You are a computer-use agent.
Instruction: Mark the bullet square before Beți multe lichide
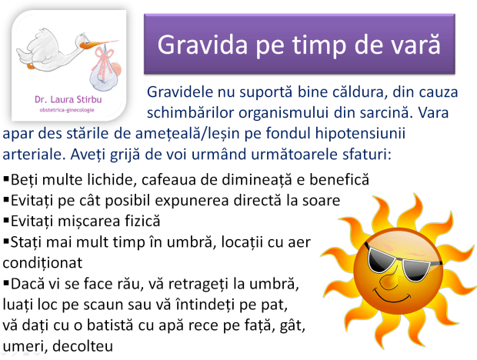coord(7,180)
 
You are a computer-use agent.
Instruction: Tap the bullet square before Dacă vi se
coord(7,282)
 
